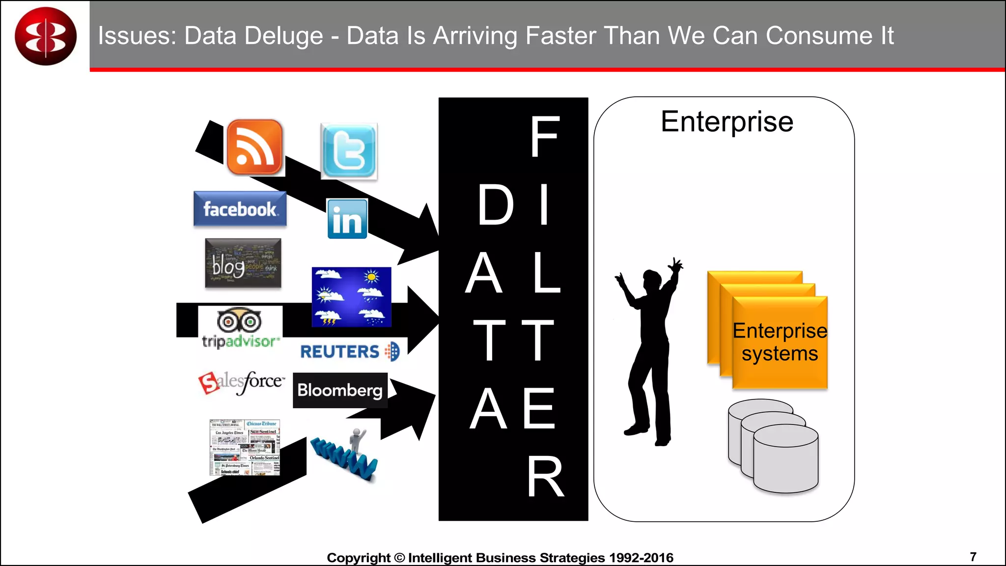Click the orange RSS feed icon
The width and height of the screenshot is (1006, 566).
coord(254,147)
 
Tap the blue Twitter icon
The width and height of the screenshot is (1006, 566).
coord(349,151)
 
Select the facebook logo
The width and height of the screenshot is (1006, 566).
coord(240,209)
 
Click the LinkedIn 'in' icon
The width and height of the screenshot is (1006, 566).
coord(347,219)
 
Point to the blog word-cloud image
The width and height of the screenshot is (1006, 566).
coord(243,263)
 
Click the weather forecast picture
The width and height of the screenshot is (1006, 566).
coord(351,297)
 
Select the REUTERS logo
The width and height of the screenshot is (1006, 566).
coord(350,351)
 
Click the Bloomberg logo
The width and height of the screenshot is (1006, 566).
coord(340,390)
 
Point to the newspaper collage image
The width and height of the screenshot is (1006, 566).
coord(245,447)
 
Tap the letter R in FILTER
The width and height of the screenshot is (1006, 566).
coord(545,476)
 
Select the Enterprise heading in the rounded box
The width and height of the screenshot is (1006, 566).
coord(727,122)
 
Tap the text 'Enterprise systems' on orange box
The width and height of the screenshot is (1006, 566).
coord(780,342)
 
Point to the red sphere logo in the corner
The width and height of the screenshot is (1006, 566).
coord(46,36)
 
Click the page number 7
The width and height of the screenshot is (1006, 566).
coord(973,556)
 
